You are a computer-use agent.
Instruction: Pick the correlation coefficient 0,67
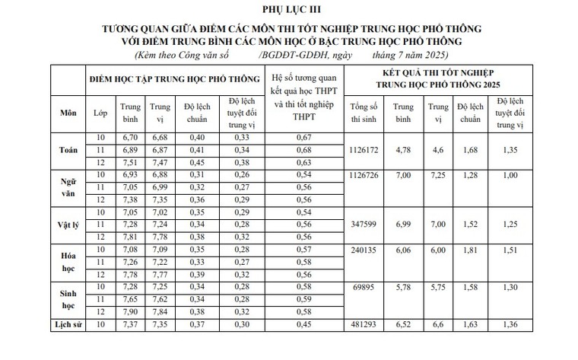click(304, 137)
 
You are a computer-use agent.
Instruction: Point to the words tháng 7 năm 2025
click(411, 56)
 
